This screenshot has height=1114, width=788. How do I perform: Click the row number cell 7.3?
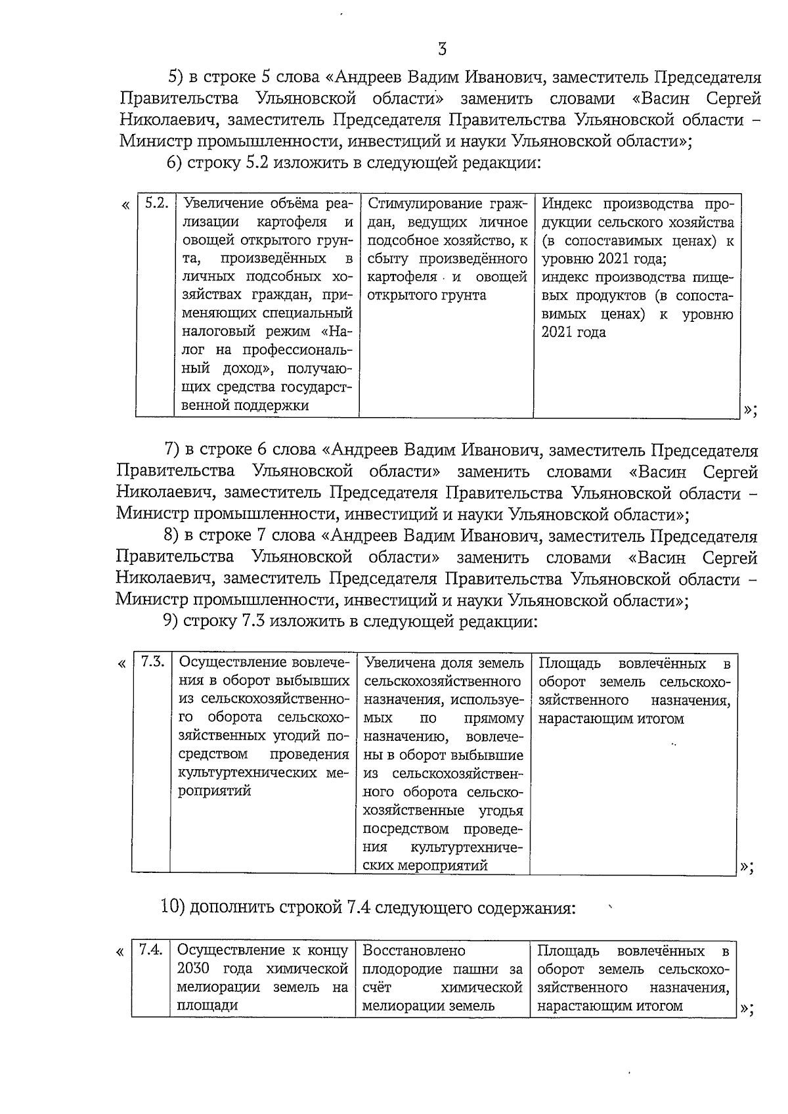[x=152, y=662]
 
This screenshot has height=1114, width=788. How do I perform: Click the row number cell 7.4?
[x=151, y=950]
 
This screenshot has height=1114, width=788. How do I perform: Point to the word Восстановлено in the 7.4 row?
[x=414, y=950]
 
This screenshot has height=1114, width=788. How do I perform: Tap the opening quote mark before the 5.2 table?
[x=125, y=204]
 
